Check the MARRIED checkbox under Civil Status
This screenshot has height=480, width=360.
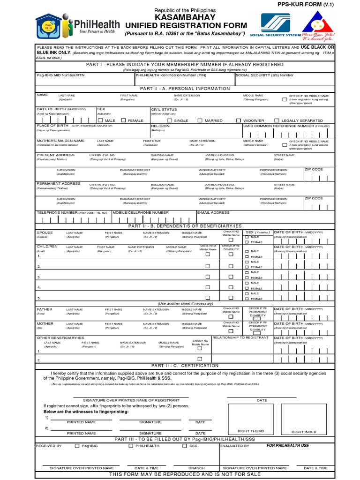200,120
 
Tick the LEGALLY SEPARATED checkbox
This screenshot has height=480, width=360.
277,120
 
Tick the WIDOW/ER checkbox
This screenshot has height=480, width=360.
239,120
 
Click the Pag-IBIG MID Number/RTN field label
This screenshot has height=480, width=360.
60,75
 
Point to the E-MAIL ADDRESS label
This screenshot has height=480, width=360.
213,212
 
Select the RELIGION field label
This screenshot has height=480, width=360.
160,126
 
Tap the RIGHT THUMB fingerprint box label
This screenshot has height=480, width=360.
251,431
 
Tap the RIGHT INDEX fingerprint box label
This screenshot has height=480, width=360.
304,432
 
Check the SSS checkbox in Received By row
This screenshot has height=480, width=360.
185,446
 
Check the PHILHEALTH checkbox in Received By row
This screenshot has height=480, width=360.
131,446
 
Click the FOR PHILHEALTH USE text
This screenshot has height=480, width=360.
287,446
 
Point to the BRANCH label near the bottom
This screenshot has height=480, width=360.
196,468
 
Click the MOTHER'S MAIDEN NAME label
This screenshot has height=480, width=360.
60,141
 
